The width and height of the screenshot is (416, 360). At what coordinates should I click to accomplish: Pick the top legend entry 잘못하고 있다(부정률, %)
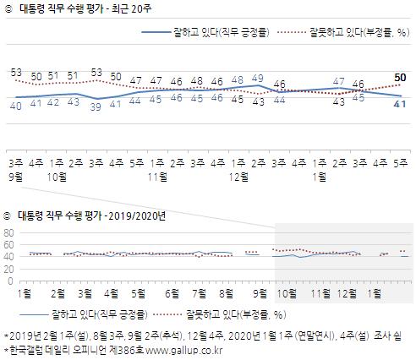tap(342, 32)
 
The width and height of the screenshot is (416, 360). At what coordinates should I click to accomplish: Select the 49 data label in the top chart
tap(259, 77)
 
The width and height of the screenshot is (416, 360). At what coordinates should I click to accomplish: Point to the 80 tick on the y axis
tap(9, 233)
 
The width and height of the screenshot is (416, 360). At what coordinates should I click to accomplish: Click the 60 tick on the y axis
tap(9, 245)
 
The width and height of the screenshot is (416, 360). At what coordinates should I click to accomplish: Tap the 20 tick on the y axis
tap(9, 269)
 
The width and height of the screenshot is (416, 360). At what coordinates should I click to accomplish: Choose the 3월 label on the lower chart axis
tap(85, 293)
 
